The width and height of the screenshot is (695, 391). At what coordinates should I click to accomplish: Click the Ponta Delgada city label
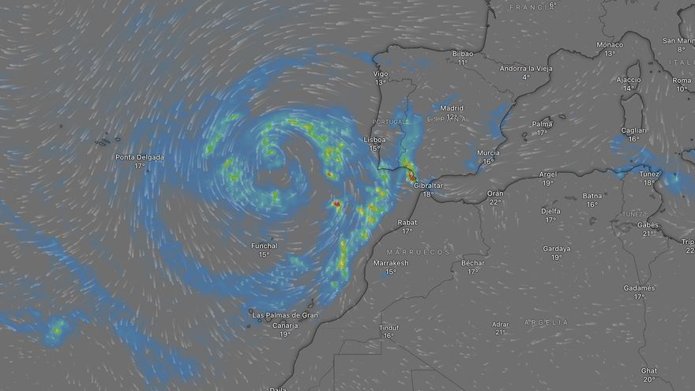click(x=140, y=157)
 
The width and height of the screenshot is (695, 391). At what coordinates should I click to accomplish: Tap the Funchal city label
click(x=264, y=246)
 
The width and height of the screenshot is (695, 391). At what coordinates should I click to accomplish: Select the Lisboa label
click(x=374, y=139)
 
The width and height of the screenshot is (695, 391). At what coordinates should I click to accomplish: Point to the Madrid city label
click(x=452, y=108)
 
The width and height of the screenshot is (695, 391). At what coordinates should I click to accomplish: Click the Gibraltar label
click(x=427, y=185)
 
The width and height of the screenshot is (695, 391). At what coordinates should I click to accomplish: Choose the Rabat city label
click(x=407, y=222)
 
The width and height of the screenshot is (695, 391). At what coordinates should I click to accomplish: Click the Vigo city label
click(x=381, y=73)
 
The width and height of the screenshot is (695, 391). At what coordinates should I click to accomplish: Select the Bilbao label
click(x=463, y=54)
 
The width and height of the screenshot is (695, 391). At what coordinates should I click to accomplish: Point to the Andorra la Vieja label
click(x=525, y=69)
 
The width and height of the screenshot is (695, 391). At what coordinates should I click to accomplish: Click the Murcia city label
click(x=488, y=152)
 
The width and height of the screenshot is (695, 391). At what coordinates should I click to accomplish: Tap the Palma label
click(x=542, y=124)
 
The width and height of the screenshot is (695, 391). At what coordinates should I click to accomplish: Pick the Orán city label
click(x=495, y=193)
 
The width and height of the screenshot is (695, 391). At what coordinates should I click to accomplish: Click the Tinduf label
click(x=389, y=327)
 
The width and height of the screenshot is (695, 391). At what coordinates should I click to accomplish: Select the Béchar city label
click(x=472, y=262)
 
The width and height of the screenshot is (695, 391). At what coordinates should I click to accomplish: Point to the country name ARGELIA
click(x=544, y=322)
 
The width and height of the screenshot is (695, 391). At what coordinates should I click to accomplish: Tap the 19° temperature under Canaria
click(x=285, y=334)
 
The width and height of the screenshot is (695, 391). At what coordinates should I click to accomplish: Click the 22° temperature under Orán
click(x=495, y=202)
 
